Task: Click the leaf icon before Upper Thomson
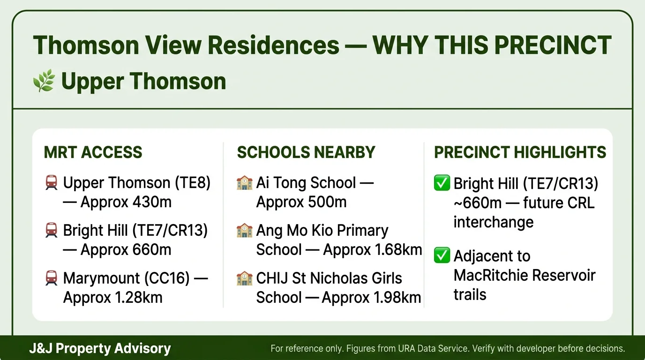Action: point(44,81)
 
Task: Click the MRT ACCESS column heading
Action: point(93,152)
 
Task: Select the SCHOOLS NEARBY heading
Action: point(306,152)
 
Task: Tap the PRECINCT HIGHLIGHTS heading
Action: point(520,152)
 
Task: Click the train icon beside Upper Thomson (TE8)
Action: point(52,182)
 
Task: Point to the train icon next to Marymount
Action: point(52,278)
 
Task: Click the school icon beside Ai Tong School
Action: point(245,182)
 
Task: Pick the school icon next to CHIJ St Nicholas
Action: point(245,278)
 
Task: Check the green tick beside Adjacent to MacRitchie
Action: point(442,256)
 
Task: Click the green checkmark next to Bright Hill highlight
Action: point(442,183)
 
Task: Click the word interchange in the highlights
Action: point(493,222)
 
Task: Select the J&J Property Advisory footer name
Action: point(100,348)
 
